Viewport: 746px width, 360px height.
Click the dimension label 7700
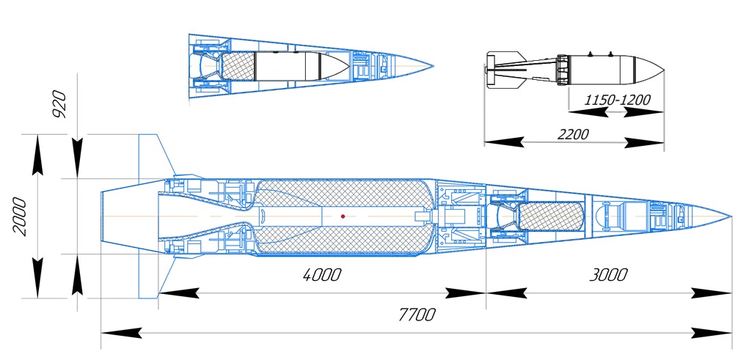pos(417,315)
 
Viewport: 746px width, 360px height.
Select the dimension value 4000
pos(322,275)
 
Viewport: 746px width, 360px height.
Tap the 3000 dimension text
pos(608,275)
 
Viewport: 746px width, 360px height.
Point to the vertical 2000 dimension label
pos(21,216)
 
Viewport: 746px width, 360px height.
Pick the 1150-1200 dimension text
pos(618,99)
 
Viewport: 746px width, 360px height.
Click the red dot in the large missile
pos(343,216)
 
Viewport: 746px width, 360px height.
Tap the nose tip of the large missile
pos(731,216)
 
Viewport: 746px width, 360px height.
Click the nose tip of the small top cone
pos(431,64)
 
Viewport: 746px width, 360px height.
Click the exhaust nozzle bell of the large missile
pos(128,216)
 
